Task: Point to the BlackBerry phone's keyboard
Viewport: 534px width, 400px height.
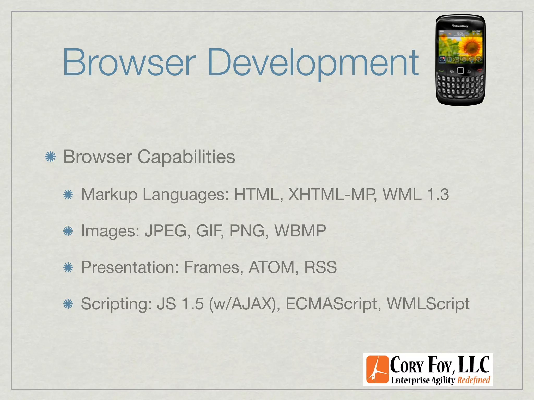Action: [460, 86]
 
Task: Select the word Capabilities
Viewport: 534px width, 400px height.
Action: [186, 157]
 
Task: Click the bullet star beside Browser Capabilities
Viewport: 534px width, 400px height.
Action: [50, 157]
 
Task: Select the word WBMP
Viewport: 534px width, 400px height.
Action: [300, 231]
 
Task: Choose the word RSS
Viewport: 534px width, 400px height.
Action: [320, 267]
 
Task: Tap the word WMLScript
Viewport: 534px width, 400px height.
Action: [428, 304]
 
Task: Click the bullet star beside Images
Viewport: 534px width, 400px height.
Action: [68, 231]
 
